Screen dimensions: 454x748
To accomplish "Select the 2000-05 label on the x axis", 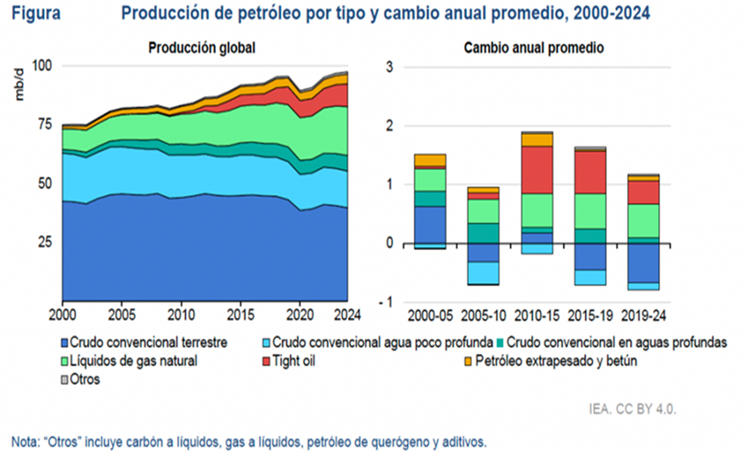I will pyautogui.click(x=429, y=314).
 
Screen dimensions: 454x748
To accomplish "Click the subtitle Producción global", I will pyautogui.click(x=202, y=48).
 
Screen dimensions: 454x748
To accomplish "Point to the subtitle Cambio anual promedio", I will pyautogui.click(x=534, y=48).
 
